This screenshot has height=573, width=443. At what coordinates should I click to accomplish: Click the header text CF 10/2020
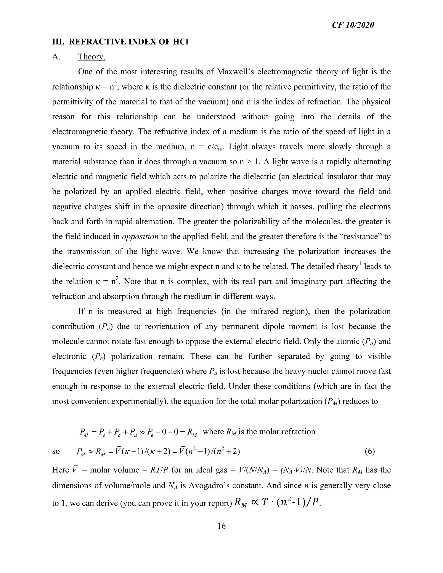[353, 25]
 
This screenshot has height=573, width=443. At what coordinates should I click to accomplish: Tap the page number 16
[221, 526]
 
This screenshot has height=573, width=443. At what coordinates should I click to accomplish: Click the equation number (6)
[369, 451]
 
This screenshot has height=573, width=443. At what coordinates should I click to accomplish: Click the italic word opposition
[140, 236]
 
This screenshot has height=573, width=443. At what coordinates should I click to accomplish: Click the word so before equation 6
[56, 451]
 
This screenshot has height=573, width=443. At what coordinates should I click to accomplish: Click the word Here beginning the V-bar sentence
[60, 470]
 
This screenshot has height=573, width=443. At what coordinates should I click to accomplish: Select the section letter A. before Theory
[56, 57]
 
